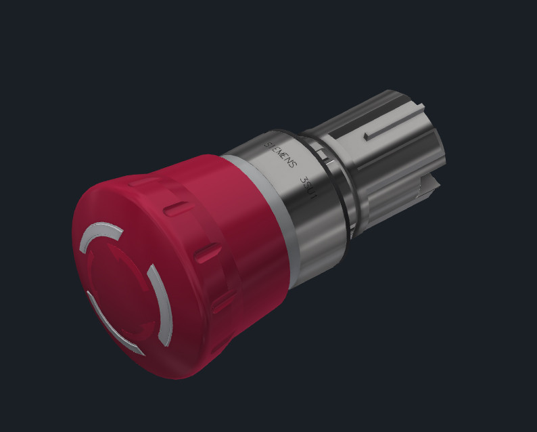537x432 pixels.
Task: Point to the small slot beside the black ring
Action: [x=327, y=161]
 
